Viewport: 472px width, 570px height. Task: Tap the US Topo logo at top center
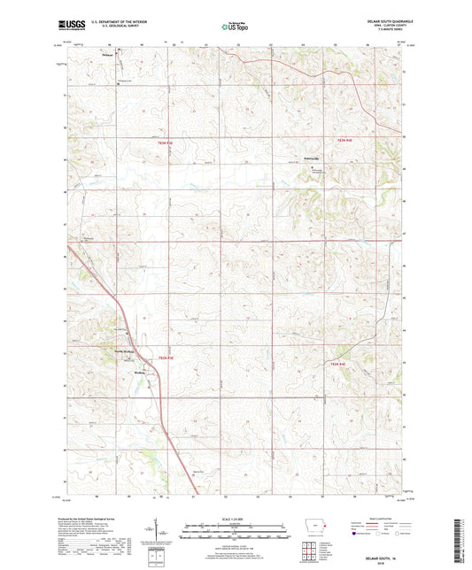(x=235, y=27)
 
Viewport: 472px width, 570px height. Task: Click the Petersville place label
(x=304, y=159)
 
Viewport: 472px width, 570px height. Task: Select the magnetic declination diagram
(x=158, y=535)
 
